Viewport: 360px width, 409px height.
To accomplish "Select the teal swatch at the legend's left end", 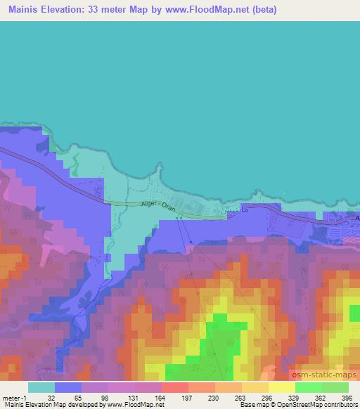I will tap(41, 387).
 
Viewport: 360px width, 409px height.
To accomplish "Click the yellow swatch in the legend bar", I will tap(282, 387).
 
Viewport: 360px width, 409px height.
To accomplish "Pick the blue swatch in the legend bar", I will tap(68, 387).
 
